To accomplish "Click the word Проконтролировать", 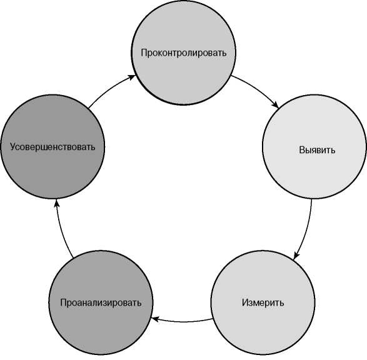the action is [x=184, y=53].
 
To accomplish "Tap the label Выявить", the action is [x=317, y=150].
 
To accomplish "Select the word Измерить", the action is [x=263, y=302].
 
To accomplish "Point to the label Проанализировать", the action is [x=101, y=302].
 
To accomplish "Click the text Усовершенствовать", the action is [x=53, y=147].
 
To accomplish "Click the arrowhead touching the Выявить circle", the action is [x=276, y=105].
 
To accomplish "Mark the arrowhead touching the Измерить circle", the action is [x=296, y=256].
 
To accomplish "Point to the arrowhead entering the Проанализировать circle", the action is [x=155, y=319].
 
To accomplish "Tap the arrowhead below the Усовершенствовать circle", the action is [x=56, y=203].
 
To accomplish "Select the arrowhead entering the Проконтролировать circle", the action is [x=133, y=77].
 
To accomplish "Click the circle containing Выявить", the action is [x=314, y=147].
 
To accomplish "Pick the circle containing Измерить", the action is [x=263, y=302].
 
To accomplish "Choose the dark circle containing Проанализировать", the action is [x=101, y=302].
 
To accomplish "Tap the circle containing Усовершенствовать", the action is [x=53, y=147].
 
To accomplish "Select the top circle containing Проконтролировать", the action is [x=184, y=52].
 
